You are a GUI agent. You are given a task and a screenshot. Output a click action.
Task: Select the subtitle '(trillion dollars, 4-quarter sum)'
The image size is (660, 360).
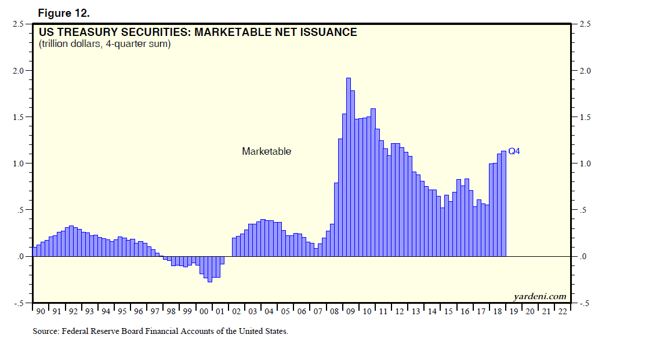click(x=104, y=44)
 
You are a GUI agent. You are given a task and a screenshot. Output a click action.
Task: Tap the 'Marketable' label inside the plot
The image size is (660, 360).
click(x=266, y=151)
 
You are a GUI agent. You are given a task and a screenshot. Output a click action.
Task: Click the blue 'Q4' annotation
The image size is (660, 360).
click(x=514, y=151)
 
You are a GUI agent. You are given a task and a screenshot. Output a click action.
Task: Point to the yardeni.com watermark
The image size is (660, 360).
click(x=539, y=296)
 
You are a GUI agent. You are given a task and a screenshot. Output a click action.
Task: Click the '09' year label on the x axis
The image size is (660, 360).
click(x=350, y=311)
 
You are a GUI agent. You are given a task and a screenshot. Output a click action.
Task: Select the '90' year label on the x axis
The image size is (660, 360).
click(x=40, y=311)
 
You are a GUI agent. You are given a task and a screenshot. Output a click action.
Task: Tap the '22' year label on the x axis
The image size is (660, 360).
click(x=563, y=311)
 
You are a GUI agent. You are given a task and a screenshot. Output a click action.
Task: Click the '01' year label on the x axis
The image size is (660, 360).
click(x=220, y=311)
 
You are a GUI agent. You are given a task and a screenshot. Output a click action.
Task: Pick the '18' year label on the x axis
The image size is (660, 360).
click(x=498, y=311)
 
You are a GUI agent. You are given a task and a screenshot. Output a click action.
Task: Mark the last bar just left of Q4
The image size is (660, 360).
click(x=504, y=203)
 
